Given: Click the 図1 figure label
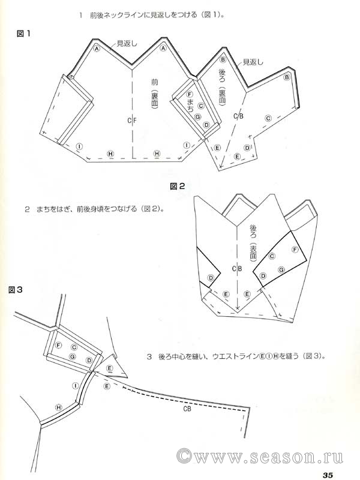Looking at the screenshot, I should point(24,35).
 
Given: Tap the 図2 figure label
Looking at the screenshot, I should point(178,186).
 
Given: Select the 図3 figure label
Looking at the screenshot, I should point(16,290).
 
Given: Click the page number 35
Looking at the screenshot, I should point(328,475).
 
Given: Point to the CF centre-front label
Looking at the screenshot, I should point(133,121).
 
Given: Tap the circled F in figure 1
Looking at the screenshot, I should point(190,95).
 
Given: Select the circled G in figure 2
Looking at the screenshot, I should point(281,271).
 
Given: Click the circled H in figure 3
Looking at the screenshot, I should point(59,407).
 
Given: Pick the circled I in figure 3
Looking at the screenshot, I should point(76,385).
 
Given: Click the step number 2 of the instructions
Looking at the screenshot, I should point(28,209).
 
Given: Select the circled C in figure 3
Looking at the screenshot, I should point(74,347).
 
